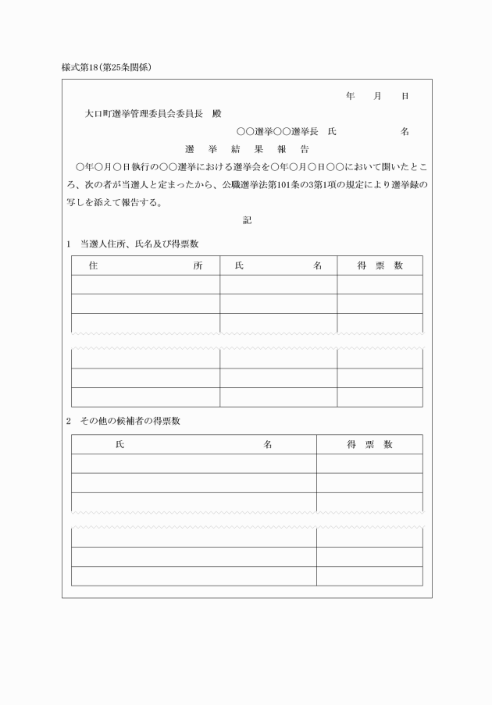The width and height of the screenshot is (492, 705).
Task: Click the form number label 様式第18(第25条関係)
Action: pos(105,67)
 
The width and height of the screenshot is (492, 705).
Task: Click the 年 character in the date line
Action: pos(350,96)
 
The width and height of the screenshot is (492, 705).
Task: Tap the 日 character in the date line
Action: pos(405,96)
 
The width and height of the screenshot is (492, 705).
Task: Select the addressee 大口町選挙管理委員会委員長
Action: pos(144,114)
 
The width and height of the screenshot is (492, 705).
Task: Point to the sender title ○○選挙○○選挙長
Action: pos(276,132)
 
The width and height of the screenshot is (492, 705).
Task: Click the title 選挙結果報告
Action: pos(247,149)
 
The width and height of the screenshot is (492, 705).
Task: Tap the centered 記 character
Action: pos(247,220)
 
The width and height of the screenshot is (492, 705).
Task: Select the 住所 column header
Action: pos(145,265)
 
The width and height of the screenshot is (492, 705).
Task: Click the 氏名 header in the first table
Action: pos(278,265)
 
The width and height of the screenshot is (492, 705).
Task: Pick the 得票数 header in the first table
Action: pos(380,265)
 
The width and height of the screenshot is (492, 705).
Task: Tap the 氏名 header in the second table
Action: pos(193,444)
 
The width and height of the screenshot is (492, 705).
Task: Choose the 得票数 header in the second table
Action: pos(369,444)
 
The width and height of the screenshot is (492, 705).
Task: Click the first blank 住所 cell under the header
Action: pos(145,284)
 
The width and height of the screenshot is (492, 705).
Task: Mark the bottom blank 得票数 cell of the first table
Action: pos(380,397)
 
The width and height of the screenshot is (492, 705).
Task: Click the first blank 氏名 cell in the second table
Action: pos(193,463)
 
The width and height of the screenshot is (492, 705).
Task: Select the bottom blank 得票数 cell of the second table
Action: pos(369,576)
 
